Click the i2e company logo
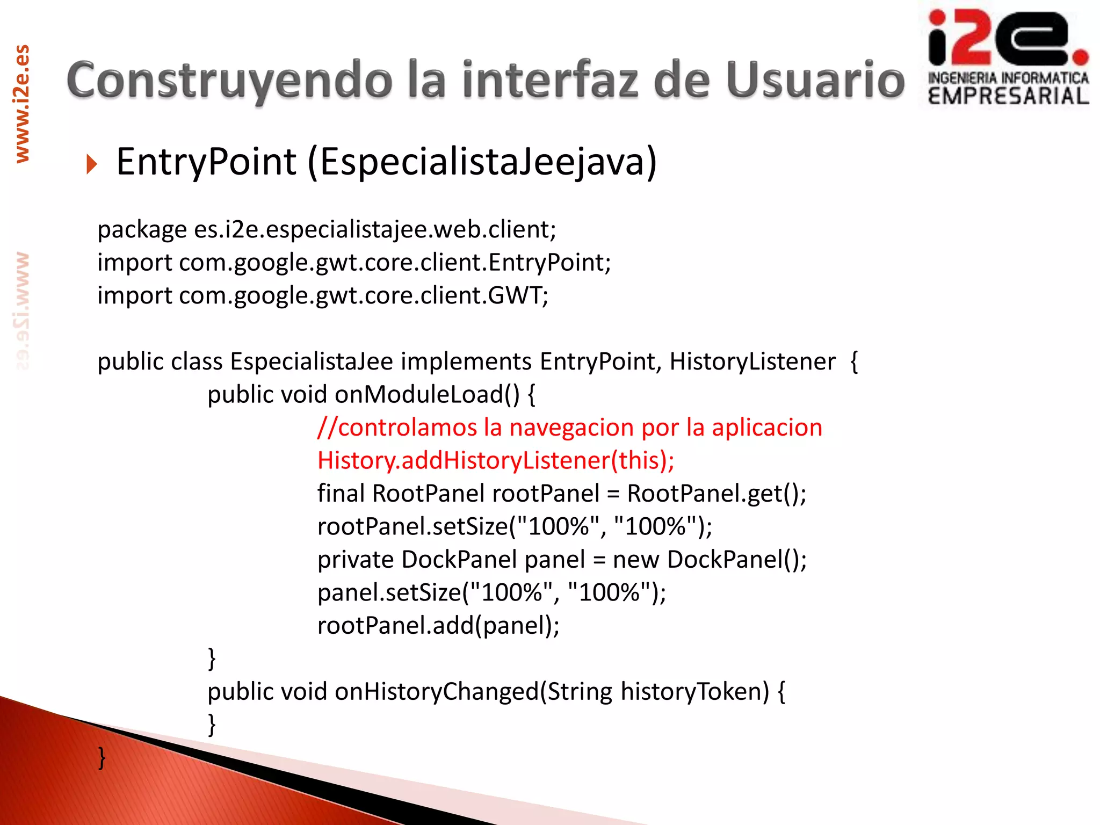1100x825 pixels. pos(1008,56)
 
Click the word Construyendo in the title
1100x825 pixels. pos(229,81)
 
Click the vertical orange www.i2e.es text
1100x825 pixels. pos(22,104)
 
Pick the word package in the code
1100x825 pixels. pos(142,230)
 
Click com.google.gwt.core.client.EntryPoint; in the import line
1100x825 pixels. pos(395,263)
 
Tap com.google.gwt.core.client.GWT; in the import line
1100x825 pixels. pos(364,295)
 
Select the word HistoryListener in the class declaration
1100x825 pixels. pos(752,361)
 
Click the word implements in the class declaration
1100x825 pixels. pos(466,361)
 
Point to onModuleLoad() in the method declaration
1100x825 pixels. pos(427,395)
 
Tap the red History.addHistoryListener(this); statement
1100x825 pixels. pos(495,461)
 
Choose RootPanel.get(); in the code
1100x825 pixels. pos(717,494)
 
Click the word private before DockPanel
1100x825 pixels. pos(356,560)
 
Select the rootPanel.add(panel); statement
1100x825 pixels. pos(438,626)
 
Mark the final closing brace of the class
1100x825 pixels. pos(102,758)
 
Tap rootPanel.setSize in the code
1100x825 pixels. pos(412,527)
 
